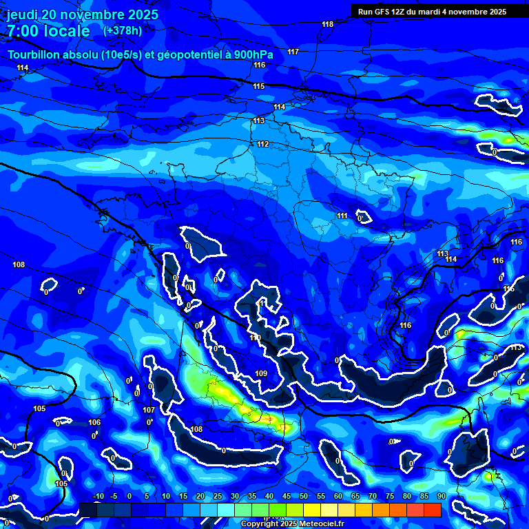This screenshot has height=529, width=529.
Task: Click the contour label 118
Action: (327, 25)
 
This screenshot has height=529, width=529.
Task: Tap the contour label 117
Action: (293, 52)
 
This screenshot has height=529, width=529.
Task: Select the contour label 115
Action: (258, 86)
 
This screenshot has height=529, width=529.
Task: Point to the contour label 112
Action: (262, 144)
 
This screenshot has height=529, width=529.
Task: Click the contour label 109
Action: (261, 374)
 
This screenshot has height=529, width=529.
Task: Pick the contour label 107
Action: (149, 410)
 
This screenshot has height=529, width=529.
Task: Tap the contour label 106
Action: (94, 422)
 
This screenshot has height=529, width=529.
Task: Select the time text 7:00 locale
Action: (48, 31)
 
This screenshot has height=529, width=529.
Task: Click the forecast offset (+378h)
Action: (122, 30)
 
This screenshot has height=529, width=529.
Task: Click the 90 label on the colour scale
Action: (441, 496)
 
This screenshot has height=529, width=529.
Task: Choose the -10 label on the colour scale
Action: (97, 496)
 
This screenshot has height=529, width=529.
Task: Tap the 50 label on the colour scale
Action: (304, 496)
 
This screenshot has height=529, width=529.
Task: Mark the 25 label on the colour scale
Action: (218, 496)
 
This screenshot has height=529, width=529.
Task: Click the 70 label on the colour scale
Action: (373, 496)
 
